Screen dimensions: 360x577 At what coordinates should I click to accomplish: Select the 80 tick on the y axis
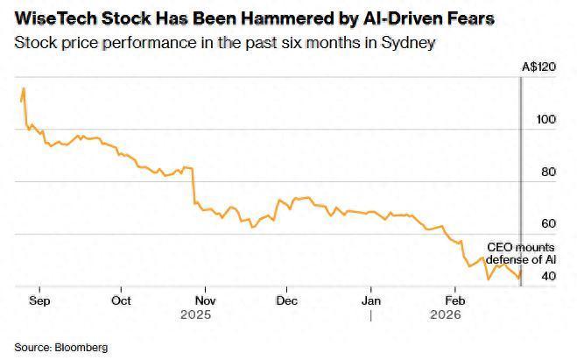click(x=548, y=172)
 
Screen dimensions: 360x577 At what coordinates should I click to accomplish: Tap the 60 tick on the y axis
click(x=548, y=224)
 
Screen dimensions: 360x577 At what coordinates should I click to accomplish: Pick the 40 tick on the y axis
click(x=548, y=276)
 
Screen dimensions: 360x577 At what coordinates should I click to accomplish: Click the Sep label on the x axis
click(x=39, y=300)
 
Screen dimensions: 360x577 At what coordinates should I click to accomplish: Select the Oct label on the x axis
click(x=121, y=300)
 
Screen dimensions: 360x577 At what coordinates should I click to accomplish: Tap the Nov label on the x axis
click(x=204, y=300)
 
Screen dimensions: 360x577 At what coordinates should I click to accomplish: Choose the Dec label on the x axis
click(x=285, y=300)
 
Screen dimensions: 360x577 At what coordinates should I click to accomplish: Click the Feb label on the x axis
click(x=453, y=300)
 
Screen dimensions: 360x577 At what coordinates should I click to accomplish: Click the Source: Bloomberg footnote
click(x=60, y=348)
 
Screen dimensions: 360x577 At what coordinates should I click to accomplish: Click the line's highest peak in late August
click(x=24, y=88)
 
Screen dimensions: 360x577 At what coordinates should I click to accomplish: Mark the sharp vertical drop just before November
click(x=194, y=184)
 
